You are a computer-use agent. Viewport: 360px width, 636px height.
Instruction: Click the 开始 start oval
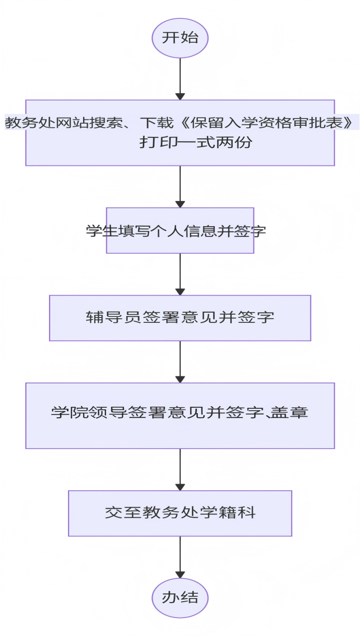point(180,38)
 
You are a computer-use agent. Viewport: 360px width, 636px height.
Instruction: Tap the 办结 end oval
point(180,598)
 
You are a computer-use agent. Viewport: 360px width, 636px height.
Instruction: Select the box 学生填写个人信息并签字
point(180,230)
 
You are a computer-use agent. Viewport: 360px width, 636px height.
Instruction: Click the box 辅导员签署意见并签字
point(180,318)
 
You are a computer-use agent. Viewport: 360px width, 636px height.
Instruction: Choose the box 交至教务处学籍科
point(180,513)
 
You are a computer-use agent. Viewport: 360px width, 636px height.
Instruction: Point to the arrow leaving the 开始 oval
point(180,79)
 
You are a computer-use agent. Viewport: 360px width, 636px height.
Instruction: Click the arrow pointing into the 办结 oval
point(180,557)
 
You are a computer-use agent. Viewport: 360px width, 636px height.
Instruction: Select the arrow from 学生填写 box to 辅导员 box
point(180,274)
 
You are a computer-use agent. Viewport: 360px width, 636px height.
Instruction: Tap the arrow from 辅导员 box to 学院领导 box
point(180,362)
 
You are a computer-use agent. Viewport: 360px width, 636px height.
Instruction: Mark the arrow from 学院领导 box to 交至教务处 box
point(180,469)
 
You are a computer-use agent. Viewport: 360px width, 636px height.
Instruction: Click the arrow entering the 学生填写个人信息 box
point(180,186)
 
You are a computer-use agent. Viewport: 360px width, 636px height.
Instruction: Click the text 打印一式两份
point(195,142)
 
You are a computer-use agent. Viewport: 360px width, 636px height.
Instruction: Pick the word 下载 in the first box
point(156,123)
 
